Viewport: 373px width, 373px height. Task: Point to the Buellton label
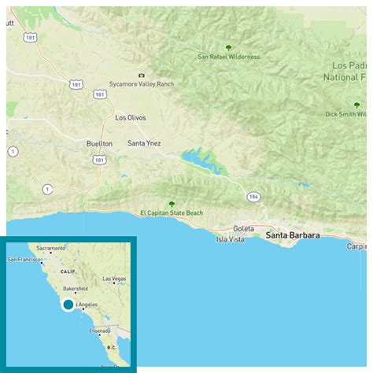(99, 143)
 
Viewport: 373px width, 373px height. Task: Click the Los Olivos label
(131, 118)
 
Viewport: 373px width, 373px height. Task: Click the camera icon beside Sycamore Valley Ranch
(142, 76)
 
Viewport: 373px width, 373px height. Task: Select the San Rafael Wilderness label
(228, 57)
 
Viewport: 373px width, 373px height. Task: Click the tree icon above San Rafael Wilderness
(228, 47)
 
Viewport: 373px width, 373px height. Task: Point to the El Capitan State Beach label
(172, 212)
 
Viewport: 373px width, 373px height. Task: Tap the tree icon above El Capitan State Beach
(172, 203)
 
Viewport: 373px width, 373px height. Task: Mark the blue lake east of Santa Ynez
(198, 161)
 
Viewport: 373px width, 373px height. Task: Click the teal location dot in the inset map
(68, 305)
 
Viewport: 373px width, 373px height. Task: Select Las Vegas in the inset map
(114, 279)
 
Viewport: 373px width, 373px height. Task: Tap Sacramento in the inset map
(50, 249)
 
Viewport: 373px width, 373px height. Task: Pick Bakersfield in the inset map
(76, 289)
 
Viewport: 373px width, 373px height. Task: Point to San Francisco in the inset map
(27, 260)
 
